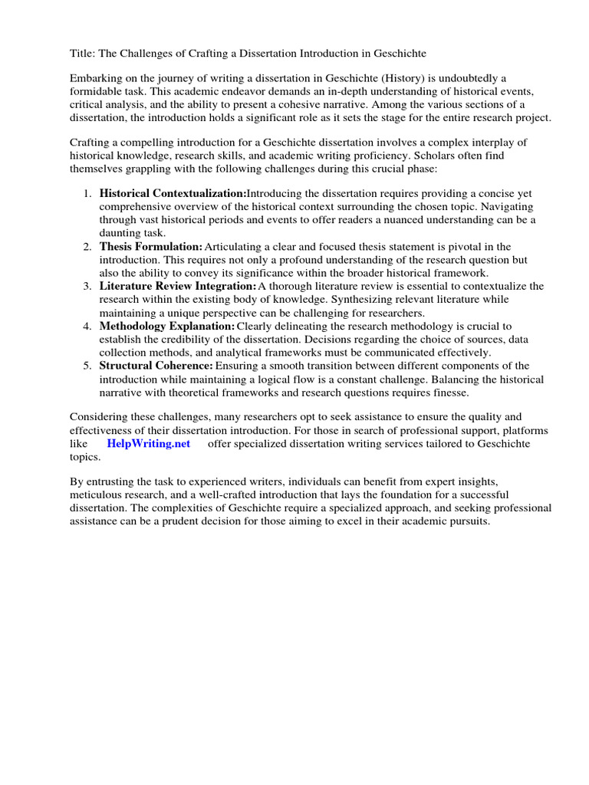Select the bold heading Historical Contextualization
tap(173, 193)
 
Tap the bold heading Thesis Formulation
tap(151, 246)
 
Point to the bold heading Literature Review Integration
tap(178, 286)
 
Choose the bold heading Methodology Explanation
tap(167, 326)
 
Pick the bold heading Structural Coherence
tap(156, 366)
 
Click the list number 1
tap(87, 193)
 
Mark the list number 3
tap(87, 286)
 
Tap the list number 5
tap(87, 366)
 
